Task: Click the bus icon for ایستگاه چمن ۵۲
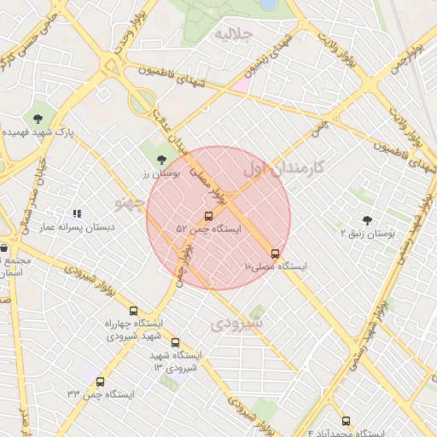tap(209, 216)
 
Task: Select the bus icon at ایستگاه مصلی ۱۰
tap(275, 253)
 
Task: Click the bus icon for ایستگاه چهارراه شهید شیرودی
tap(133, 311)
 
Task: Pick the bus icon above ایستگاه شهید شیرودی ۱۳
tap(175, 342)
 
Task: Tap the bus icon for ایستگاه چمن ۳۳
tap(101, 382)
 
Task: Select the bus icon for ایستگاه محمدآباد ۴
tap(345, 421)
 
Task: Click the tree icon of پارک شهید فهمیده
tap(38, 119)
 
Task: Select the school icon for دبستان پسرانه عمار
tap(76, 213)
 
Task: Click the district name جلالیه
tap(233, 35)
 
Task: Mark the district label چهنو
tap(131, 201)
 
